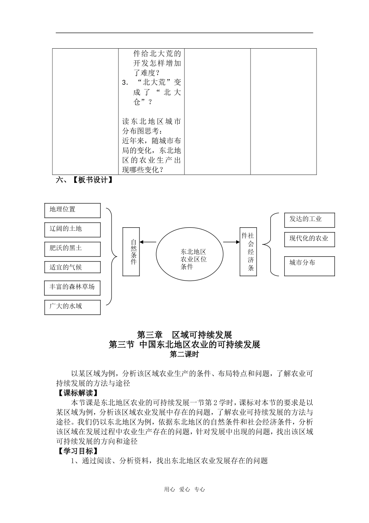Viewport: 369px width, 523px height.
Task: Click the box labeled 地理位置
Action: pyautogui.click(x=72, y=211)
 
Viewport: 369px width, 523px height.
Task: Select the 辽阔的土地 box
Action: pyautogui.click(x=72, y=230)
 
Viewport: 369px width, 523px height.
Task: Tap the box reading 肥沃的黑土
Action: pyautogui.click(x=72, y=249)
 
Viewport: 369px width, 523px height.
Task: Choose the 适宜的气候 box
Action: pyautogui.click(x=72, y=267)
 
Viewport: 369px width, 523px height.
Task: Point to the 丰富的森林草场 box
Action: pyautogui.click(x=72, y=288)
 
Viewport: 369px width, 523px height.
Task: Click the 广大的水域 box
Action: pyautogui.click(x=72, y=307)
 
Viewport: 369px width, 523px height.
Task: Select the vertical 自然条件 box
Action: pyautogui.click(x=131, y=252)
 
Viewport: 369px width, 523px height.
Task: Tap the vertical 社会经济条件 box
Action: pyautogui.click(x=248, y=252)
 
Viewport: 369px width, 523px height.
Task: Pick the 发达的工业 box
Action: pyautogui.click(x=309, y=220)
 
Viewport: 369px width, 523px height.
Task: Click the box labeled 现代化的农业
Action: pyautogui.click(x=309, y=239)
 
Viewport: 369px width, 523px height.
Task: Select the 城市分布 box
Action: pyautogui.click(x=309, y=266)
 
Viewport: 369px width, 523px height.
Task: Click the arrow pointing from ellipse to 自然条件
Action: pyautogui.click(x=148, y=242)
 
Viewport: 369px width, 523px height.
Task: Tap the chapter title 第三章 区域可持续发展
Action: pyautogui.click(x=184, y=335)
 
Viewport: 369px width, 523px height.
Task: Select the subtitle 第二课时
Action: pyautogui.click(x=184, y=354)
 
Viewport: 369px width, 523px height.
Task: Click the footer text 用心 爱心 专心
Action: pyautogui.click(x=184, y=490)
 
